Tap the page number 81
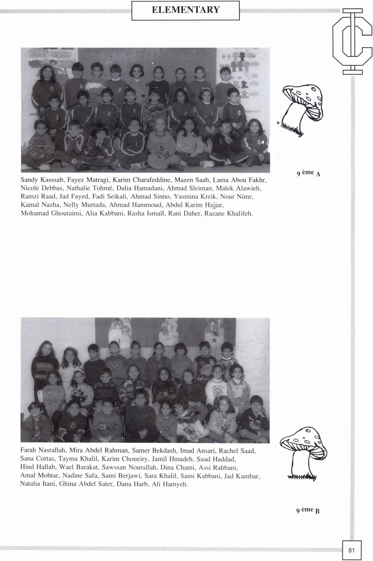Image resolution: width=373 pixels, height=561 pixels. click(352, 550)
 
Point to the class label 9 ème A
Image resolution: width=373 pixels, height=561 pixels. click(308, 173)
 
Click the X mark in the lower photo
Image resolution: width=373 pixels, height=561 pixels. click(214, 340)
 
